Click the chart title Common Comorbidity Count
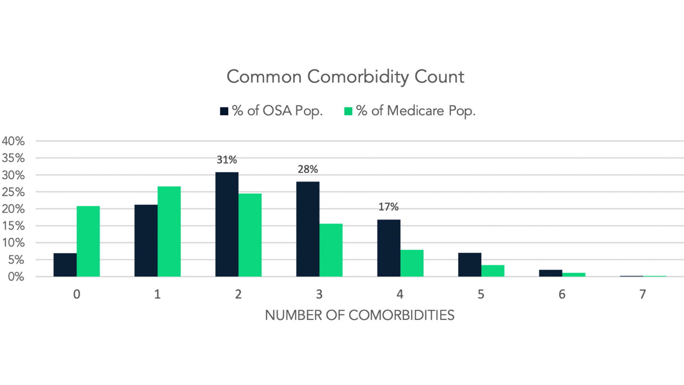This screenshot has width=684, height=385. [345, 77]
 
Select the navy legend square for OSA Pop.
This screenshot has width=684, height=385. [224, 111]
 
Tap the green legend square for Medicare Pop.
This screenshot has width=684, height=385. [348, 111]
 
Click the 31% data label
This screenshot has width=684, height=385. [227, 160]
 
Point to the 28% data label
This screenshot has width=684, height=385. [308, 169]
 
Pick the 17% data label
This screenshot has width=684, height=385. [388, 207]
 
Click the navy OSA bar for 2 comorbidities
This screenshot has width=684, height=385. [227, 224]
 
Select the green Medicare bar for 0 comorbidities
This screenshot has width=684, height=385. [88, 241]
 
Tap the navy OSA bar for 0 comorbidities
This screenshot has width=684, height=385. [65, 265]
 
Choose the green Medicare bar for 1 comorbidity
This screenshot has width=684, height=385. [169, 231]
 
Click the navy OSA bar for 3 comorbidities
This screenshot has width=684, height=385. [308, 229]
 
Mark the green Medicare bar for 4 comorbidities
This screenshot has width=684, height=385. [412, 263]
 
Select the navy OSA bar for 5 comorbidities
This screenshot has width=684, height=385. [470, 265]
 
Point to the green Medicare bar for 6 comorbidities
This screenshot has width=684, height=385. [574, 274]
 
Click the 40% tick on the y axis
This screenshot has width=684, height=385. [13, 141]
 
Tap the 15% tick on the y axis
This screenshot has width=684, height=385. [13, 226]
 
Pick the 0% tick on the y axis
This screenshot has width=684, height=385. [16, 277]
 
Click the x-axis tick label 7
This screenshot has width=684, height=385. [643, 294]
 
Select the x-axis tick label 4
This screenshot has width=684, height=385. [400, 294]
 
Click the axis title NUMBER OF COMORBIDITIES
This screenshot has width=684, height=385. [359, 315]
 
